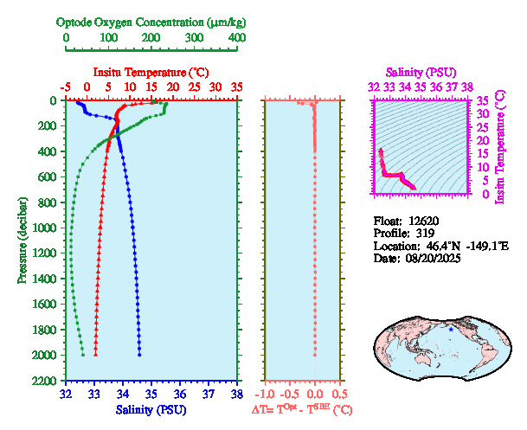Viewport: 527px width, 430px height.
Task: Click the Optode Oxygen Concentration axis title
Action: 151,21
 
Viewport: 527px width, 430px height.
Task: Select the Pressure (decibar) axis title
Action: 22,241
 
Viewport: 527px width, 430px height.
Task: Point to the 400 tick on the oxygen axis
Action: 236,39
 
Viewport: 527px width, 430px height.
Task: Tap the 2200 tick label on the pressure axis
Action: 45,382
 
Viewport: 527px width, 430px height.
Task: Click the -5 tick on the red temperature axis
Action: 66,87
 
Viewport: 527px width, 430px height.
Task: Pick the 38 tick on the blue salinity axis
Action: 236,394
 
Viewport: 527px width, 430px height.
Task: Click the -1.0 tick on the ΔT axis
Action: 266,394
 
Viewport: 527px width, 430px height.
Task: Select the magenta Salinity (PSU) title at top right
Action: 420,72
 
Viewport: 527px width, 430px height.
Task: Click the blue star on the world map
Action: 451,329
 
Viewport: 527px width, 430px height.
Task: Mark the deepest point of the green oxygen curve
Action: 83,355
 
